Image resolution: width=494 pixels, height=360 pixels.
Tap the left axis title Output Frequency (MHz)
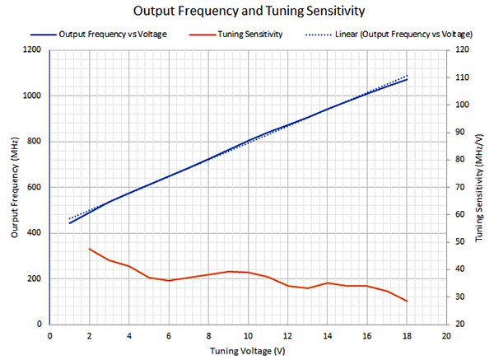[x=14, y=187]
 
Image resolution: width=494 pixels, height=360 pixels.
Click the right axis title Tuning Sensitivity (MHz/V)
[x=481, y=187]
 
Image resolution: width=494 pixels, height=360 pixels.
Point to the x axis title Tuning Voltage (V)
[x=247, y=350]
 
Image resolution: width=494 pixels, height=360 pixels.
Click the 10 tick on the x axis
[x=247, y=335]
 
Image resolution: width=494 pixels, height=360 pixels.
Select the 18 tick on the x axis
[x=406, y=335]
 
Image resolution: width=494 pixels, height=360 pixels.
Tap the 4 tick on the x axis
[x=129, y=335]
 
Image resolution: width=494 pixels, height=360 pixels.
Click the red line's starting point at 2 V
[x=89, y=249]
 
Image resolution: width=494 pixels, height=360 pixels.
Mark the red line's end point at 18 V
[x=406, y=301]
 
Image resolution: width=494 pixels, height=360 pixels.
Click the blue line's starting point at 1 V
[x=69, y=223]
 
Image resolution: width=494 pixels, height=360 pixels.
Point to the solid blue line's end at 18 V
[x=406, y=79]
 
